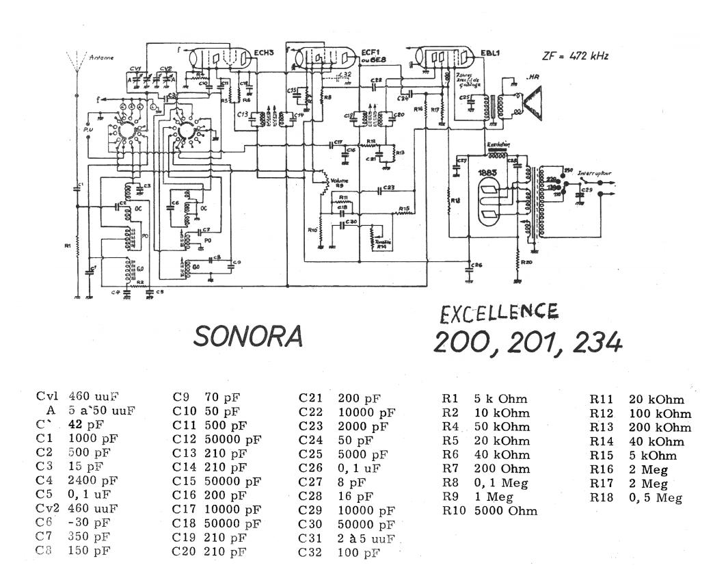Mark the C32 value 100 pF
(x=359, y=553)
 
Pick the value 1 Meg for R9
(x=491, y=497)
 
